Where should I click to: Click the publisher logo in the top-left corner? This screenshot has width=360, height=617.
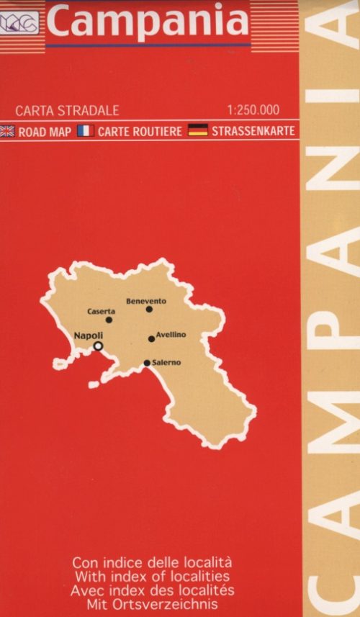pos(22,24)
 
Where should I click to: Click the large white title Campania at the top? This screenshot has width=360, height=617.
pos(148,22)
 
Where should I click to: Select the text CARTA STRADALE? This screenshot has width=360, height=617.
pos(67,112)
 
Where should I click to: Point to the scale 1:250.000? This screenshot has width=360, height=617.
pos(252,112)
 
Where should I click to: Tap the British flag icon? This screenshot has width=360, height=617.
pos(9,131)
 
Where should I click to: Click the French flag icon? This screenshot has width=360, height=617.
pos(86,131)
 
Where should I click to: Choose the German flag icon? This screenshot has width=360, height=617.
pos(198,131)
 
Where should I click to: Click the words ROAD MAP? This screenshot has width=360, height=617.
pos(45,132)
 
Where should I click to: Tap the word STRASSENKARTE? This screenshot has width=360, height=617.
pos(253,132)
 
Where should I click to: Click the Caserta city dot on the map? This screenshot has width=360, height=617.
pos(109,320)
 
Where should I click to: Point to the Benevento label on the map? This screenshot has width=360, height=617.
pos(146,301)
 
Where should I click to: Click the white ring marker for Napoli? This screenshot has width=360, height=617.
pos(99,346)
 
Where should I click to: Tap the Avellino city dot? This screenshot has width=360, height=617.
pos(151,338)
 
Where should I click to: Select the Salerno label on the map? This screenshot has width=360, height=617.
pos(166,363)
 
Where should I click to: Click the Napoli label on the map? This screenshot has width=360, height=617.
pos(89,336)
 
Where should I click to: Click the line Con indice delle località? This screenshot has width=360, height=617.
pos(152,562)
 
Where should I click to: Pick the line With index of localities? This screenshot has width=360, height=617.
pos(152,576)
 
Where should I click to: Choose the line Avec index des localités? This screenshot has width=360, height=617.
pos(152,590)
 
